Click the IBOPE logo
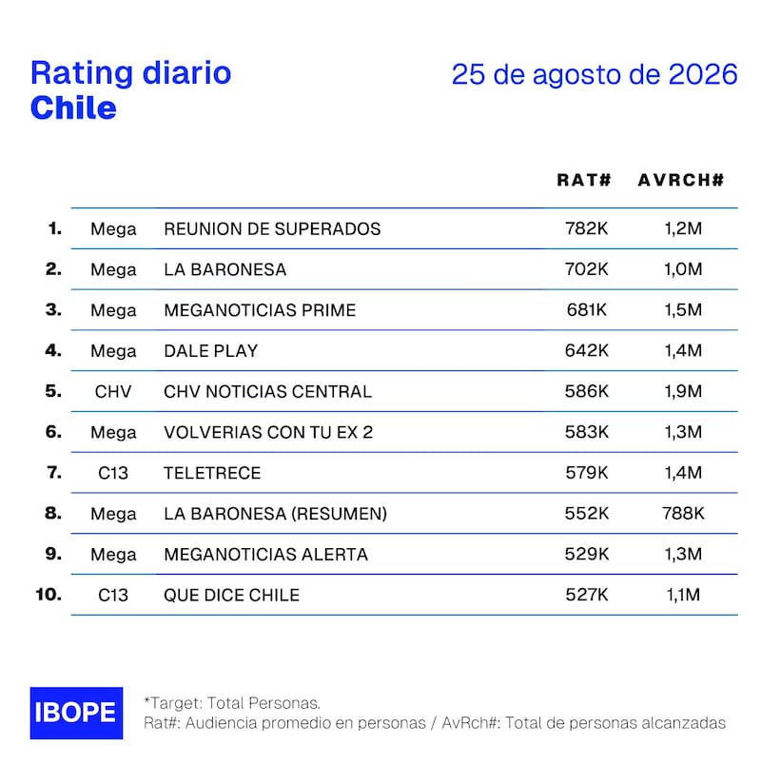click(76, 713)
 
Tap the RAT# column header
click(584, 180)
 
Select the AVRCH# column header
click(681, 180)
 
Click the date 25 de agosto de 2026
click(595, 74)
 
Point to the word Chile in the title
click(73, 108)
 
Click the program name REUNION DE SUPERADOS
click(272, 228)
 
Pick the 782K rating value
click(587, 228)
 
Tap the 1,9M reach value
click(683, 391)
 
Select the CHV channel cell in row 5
click(113, 391)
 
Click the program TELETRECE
click(212, 473)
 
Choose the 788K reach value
click(683, 513)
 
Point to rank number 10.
click(49, 594)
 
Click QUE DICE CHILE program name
click(231, 595)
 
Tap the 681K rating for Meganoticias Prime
click(587, 309)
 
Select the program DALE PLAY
click(210, 351)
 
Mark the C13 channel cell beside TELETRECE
click(113, 473)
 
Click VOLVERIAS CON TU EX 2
click(268, 432)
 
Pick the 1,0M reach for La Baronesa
click(683, 269)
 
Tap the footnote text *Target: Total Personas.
click(232, 703)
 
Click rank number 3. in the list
click(53, 309)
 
